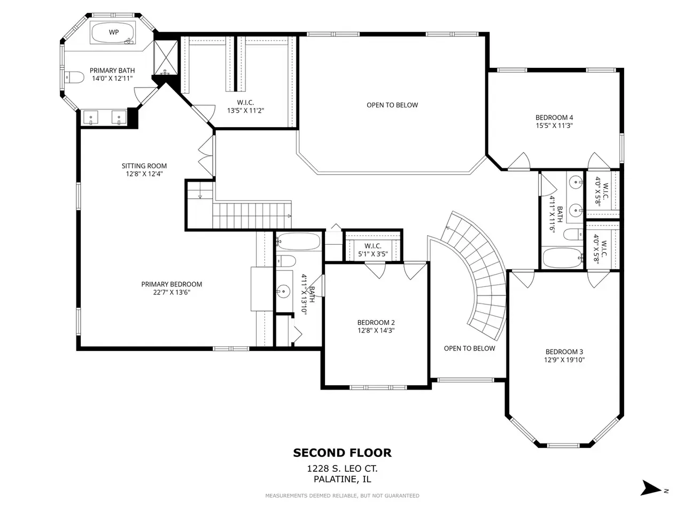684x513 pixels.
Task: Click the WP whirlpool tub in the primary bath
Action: (x=113, y=33)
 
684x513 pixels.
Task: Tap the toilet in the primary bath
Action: (x=75, y=77)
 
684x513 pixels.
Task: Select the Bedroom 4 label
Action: (x=554, y=118)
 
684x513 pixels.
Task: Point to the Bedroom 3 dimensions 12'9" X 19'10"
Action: (x=564, y=360)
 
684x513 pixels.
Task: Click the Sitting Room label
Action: (x=144, y=166)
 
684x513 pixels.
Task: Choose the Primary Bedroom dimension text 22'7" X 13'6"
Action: (x=172, y=292)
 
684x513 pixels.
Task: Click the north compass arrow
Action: (x=651, y=488)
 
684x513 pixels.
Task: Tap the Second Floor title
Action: (x=342, y=453)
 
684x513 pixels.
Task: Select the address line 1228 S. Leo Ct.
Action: (x=342, y=469)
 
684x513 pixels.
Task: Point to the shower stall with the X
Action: (x=166, y=58)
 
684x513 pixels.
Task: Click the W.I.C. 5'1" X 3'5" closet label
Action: (x=372, y=250)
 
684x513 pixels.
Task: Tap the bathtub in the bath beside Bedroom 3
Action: (x=562, y=258)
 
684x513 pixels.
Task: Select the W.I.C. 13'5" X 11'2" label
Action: (x=246, y=106)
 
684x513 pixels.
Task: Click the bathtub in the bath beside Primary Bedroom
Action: (x=299, y=242)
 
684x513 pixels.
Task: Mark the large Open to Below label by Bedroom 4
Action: (x=392, y=105)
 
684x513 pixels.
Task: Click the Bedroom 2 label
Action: (x=376, y=323)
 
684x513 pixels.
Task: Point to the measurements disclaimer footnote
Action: (x=342, y=495)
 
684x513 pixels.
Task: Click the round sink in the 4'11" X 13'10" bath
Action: (x=283, y=291)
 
